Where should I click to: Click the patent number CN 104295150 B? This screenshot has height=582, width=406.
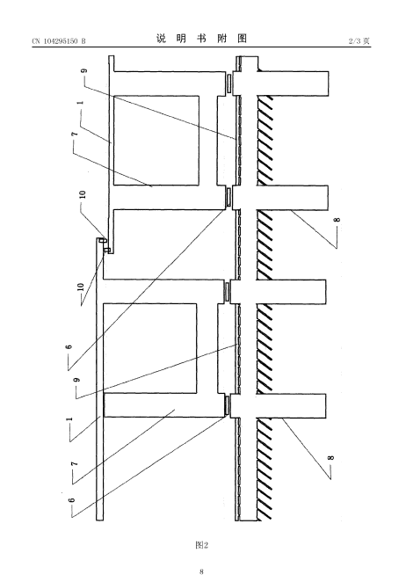[59, 40]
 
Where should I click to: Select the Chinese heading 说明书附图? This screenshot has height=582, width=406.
[201, 39]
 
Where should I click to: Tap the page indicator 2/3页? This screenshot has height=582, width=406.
[359, 40]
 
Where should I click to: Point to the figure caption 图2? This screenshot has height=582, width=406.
[201, 544]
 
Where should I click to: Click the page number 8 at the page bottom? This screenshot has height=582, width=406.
[201, 571]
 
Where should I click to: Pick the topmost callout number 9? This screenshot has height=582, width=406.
[84, 70]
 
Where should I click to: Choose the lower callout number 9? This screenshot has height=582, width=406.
[76, 380]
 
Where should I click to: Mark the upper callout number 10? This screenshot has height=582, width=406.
[83, 194]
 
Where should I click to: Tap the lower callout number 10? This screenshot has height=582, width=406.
[82, 287]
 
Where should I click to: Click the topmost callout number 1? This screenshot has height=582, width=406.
[81, 103]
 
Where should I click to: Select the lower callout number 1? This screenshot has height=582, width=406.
[69, 419]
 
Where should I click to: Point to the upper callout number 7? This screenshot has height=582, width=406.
[75, 134]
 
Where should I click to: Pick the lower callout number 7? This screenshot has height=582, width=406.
[74, 464]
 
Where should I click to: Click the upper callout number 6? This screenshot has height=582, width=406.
[69, 347]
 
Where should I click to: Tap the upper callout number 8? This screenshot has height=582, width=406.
[337, 220]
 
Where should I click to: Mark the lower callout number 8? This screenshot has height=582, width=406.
[331, 457]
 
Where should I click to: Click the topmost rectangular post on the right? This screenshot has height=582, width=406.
[293, 84]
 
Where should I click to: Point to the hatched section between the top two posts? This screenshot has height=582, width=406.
[265, 141]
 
